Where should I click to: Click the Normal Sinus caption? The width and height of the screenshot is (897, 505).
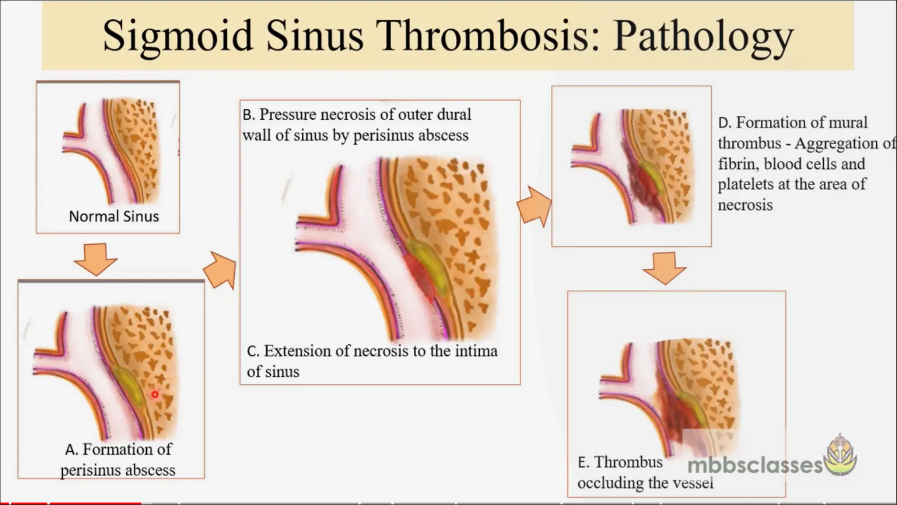click(114, 216)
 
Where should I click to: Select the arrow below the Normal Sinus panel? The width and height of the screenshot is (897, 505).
click(95, 259)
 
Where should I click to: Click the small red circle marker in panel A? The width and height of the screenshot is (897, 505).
click(155, 395)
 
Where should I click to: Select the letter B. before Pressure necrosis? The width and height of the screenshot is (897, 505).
click(248, 115)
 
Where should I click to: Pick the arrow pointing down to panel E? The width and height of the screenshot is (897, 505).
click(664, 268)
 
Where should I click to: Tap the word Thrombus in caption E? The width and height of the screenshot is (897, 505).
click(628, 462)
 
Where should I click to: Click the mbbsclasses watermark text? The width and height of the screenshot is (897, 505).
click(755, 465)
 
